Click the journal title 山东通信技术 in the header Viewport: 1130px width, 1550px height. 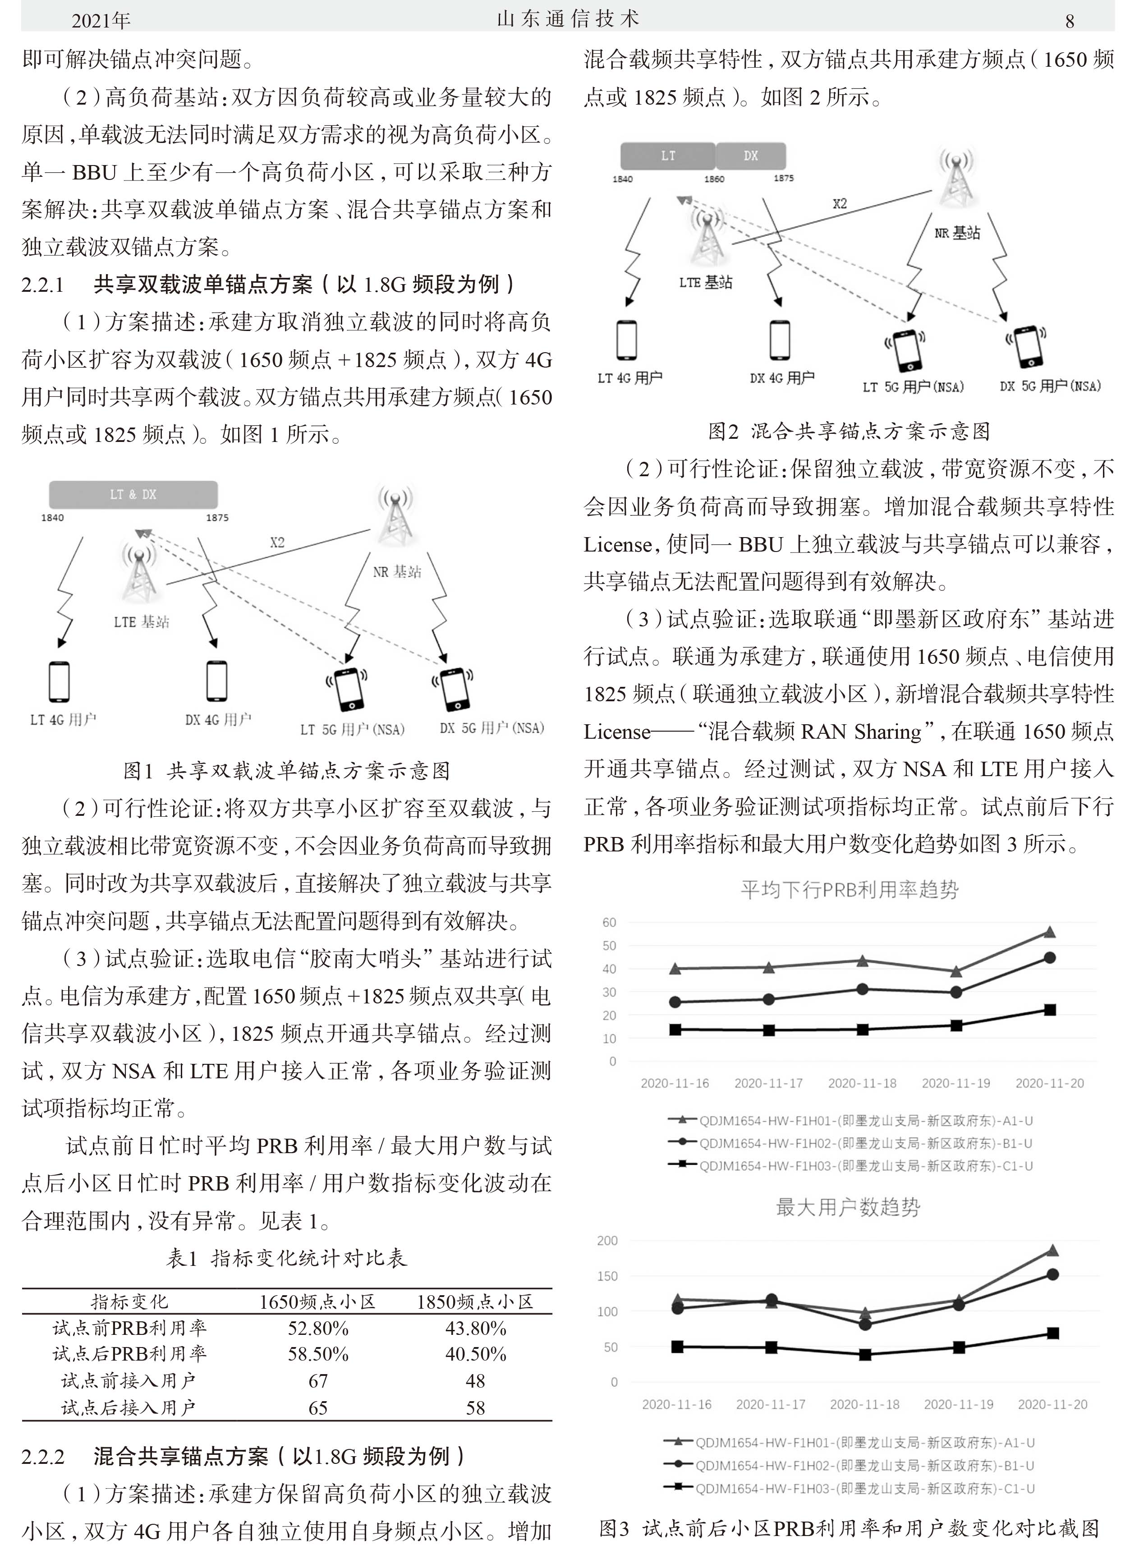click(568, 19)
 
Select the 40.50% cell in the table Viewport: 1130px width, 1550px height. click(475, 1354)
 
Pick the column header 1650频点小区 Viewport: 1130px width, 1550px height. click(318, 1301)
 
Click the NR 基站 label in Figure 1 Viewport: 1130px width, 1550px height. click(397, 572)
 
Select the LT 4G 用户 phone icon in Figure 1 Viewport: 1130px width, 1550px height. click(60, 682)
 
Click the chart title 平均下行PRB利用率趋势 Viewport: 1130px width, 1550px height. click(850, 889)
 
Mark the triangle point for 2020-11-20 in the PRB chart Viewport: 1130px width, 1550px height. click(1050, 932)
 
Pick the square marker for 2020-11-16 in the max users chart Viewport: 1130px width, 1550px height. click(677, 1347)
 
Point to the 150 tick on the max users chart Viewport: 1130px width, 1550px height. click(607, 1276)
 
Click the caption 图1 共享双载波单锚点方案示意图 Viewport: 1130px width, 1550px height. click(287, 771)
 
